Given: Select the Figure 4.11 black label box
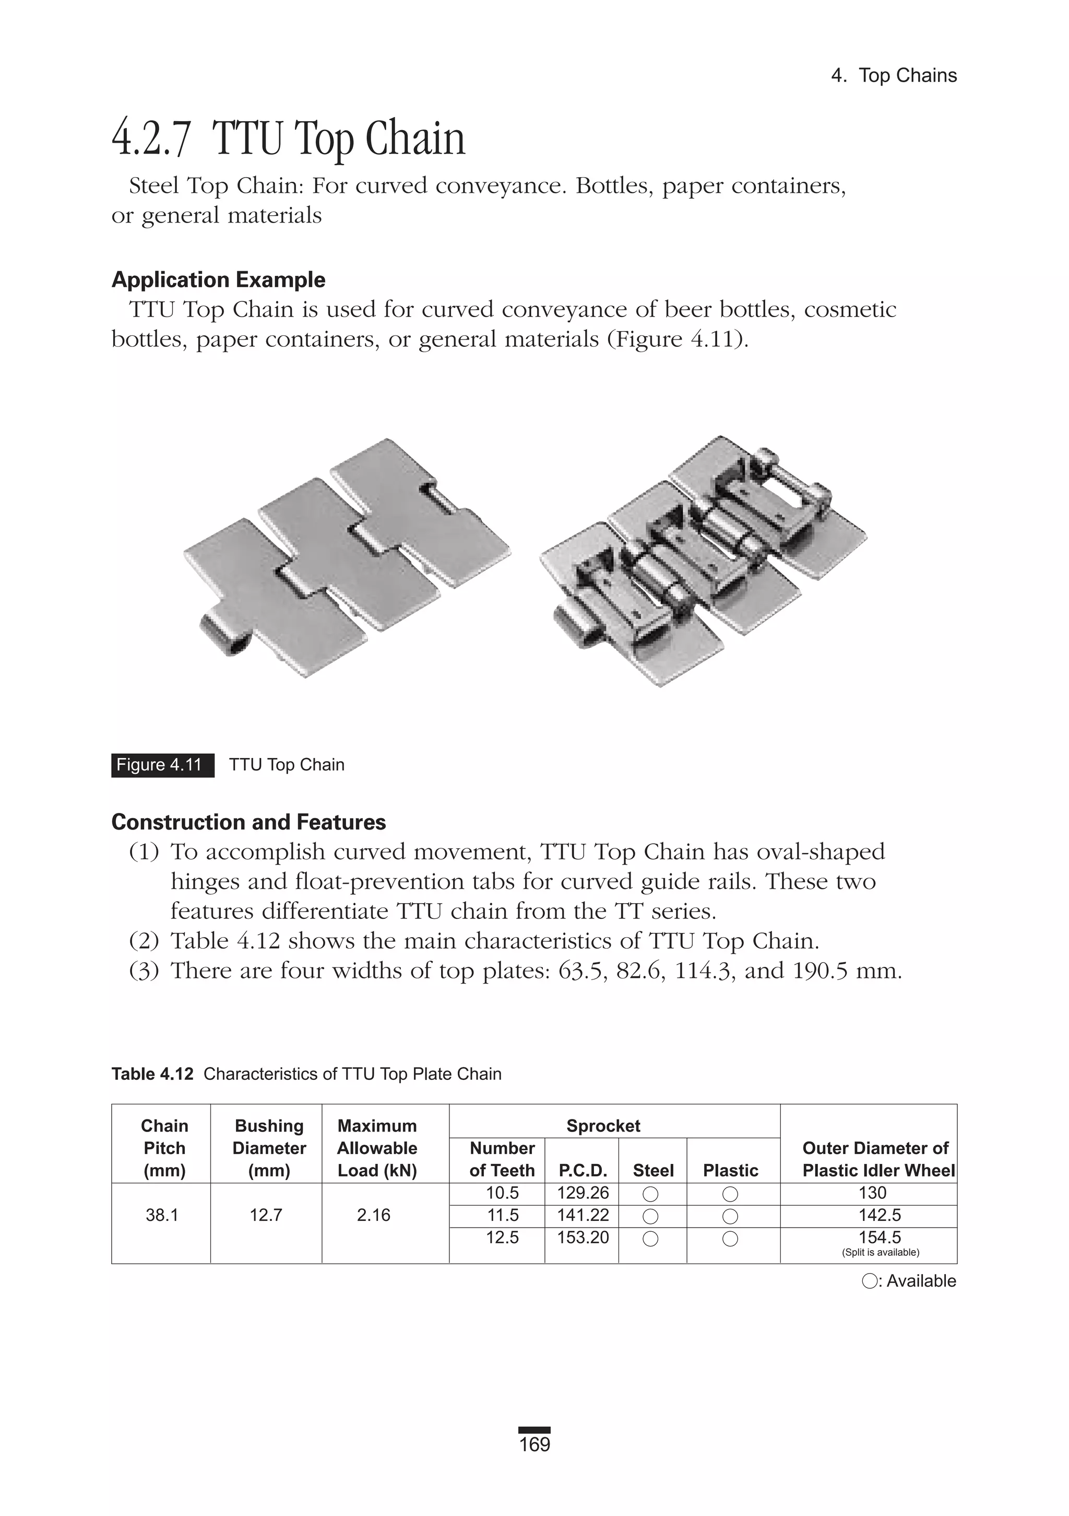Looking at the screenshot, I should [162, 765].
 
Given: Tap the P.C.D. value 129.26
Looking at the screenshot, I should [583, 1193].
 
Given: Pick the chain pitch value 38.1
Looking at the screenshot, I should [162, 1215].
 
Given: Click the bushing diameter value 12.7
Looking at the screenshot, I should [266, 1215].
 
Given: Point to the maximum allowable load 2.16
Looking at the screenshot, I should [374, 1215].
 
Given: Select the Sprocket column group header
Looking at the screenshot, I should [603, 1126].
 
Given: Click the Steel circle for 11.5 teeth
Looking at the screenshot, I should [650, 1216].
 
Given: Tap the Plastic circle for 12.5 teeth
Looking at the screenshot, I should [730, 1239].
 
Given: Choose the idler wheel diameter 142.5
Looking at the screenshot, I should [880, 1215].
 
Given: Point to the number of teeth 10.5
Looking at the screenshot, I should [502, 1193].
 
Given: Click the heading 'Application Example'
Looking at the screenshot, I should [218, 280].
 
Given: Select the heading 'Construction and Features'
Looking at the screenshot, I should [249, 822].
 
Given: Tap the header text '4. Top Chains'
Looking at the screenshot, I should [894, 75].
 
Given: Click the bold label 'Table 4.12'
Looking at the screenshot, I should [152, 1074].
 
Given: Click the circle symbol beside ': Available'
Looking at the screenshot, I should [870, 1281].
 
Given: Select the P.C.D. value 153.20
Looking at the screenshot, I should [583, 1238].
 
